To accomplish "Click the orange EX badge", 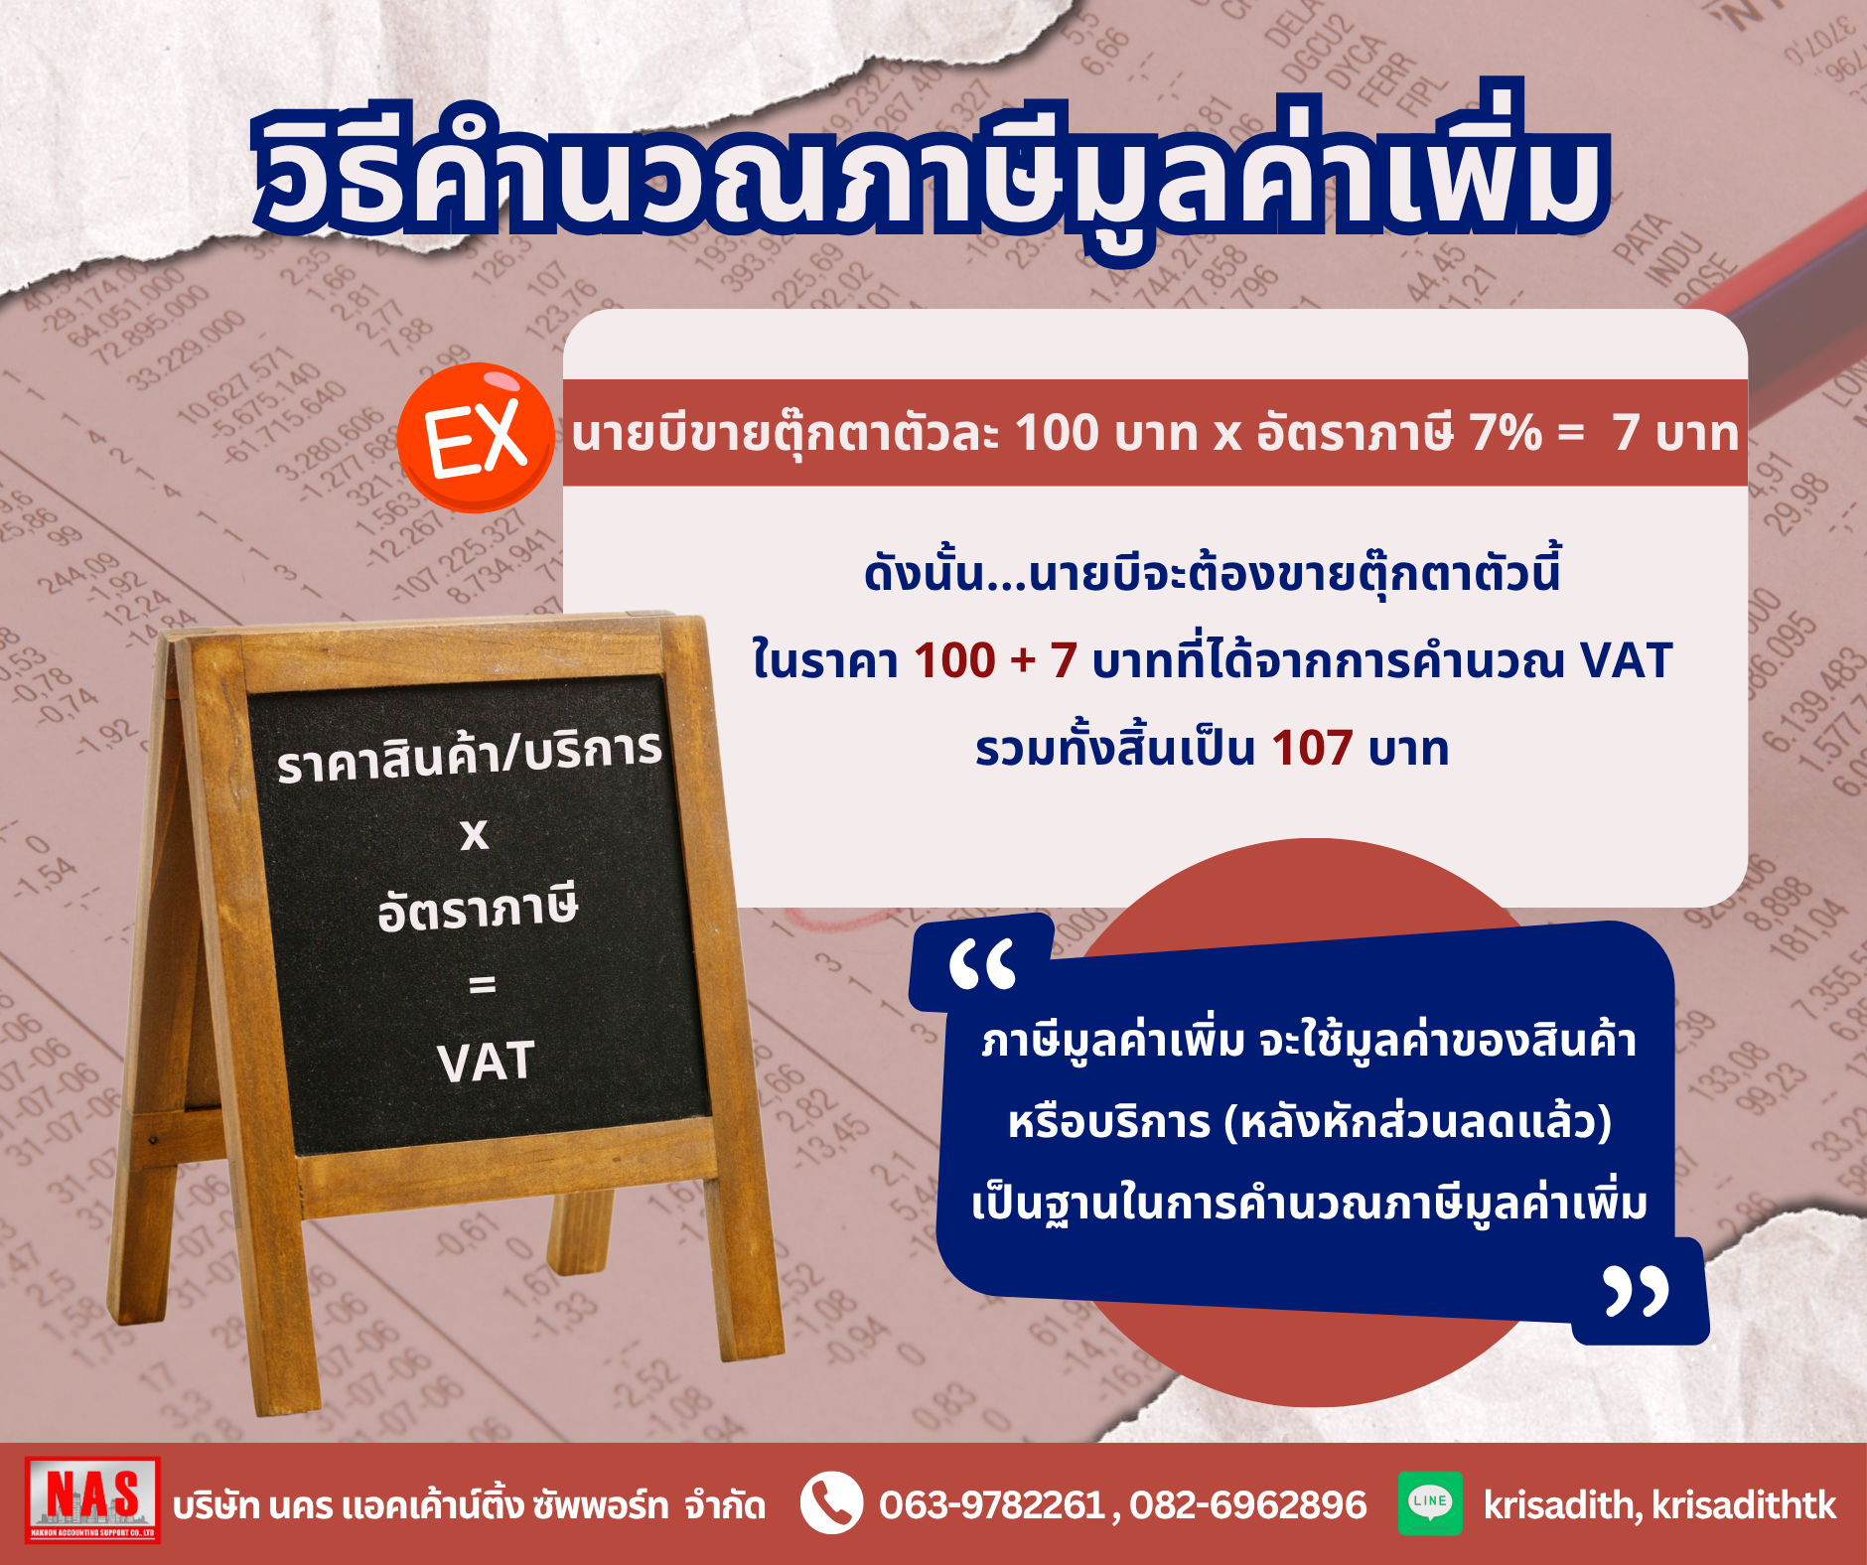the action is click(476, 438).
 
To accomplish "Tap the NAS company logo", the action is click(92, 1499).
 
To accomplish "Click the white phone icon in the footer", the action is click(831, 1502).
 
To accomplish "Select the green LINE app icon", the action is click(1430, 1502).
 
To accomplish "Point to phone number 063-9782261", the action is click(991, 1505).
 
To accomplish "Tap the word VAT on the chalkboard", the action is click(486, 1062).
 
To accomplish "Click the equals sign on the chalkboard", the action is click(482, 984).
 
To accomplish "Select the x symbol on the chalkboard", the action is click(475, 834).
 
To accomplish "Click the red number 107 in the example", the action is click(1312, 748).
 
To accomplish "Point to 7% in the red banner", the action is click(1505, 433).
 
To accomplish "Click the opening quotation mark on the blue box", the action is click(982, 964).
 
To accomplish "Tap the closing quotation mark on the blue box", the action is click(1637, 1291).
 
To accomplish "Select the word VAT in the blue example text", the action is click(1626, 660).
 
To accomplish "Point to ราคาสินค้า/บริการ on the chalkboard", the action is click(470, 755).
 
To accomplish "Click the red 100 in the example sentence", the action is click(954, 660).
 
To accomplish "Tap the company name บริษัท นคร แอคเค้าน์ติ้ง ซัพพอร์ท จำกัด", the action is click(469, 1505).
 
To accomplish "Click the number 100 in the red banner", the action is click(1057, 433).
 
